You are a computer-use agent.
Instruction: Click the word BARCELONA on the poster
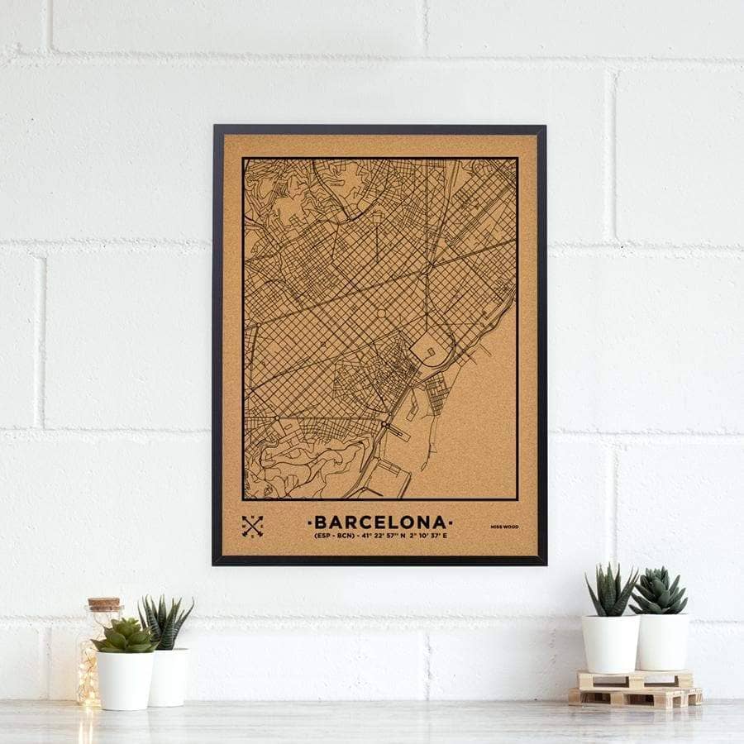pos(380,522)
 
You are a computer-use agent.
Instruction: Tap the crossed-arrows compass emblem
pos(252,526)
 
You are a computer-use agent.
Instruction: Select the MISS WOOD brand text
pos(504,527)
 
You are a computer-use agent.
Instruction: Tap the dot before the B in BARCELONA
pos(309,522)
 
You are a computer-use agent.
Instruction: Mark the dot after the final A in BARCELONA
pos(451,522)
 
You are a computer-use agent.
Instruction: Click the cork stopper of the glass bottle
pos(105,605)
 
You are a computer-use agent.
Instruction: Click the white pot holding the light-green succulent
pos(125,680)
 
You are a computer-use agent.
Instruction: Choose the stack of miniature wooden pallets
pos(635,688)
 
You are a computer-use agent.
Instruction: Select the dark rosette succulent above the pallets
pos(659,592)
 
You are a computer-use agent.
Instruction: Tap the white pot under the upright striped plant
pos(610,643)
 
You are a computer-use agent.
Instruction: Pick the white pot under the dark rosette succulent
pos(662,641)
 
